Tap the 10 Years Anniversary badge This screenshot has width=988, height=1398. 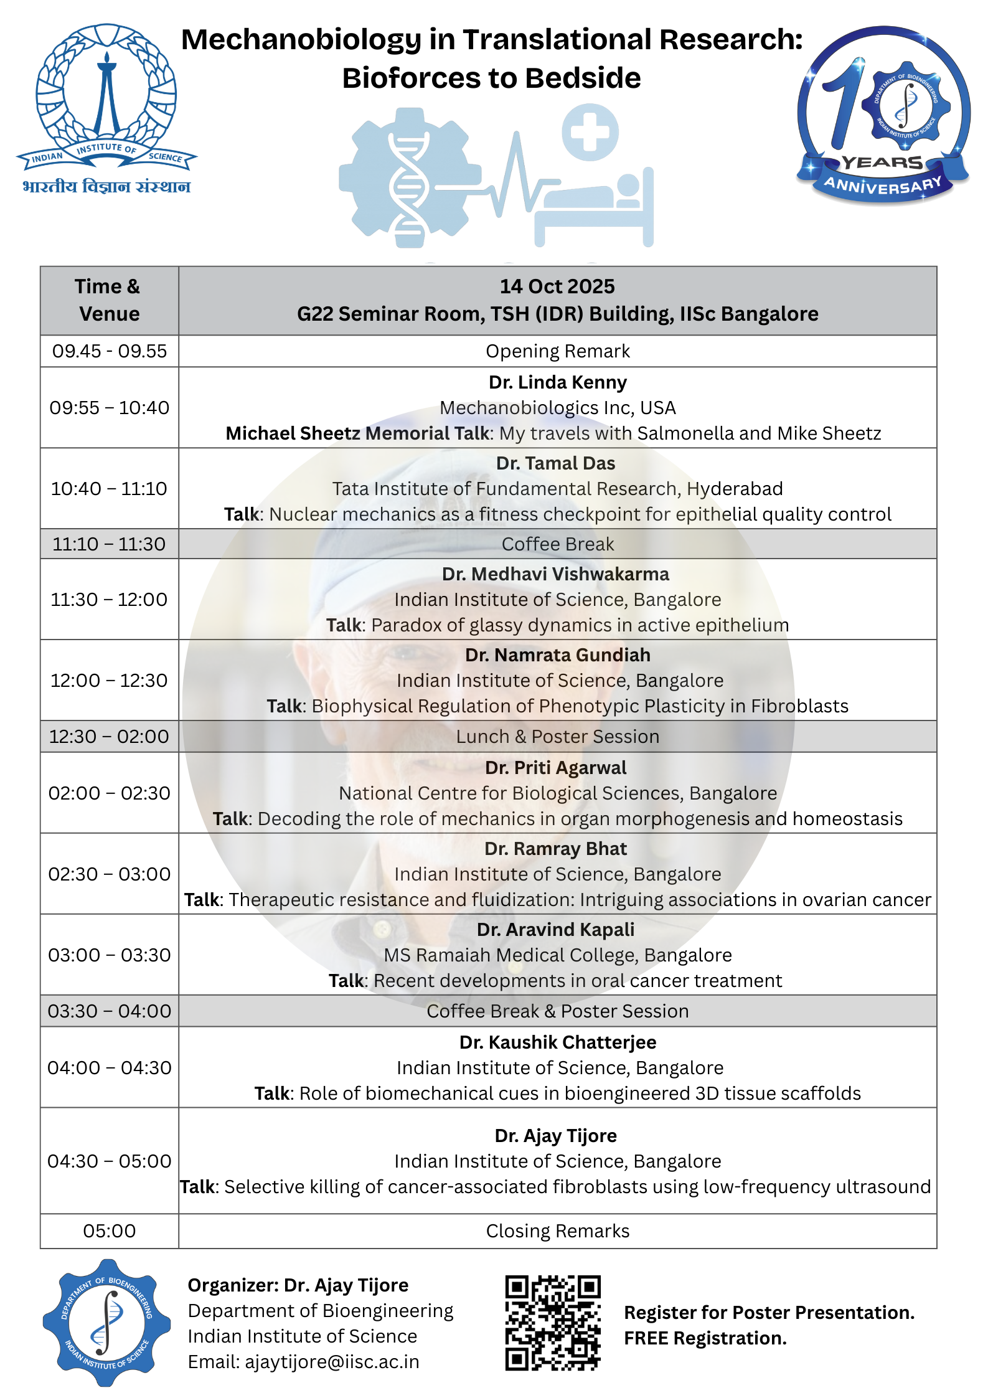(883, 115)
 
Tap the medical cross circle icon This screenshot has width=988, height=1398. (590, 132)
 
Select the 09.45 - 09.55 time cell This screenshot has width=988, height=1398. (110, 351)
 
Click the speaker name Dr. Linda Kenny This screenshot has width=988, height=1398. (557, 382)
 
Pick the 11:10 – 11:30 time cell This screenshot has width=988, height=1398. (110, 544)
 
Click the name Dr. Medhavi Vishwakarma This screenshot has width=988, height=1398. (555, 574)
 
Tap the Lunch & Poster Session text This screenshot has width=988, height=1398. (557, 737)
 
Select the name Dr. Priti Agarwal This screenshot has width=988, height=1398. (555, 768)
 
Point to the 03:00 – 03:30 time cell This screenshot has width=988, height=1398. (110, 955)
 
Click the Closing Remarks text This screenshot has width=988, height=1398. (557, 1231)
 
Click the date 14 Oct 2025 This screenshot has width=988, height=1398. (557, 286)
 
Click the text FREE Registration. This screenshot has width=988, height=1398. (705, 1338)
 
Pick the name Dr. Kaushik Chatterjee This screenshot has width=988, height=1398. (557, 1042)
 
